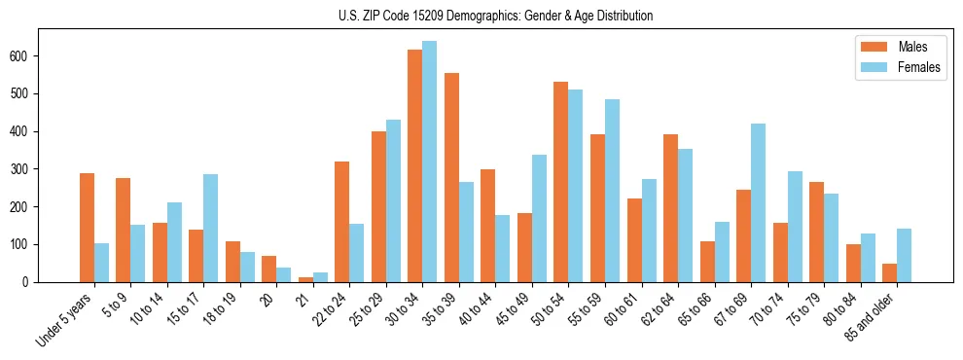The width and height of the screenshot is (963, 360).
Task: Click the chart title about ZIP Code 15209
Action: point(481,16)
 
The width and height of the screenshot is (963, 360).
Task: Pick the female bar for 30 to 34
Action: point(429,162)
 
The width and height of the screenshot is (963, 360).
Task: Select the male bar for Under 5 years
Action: point(87,228)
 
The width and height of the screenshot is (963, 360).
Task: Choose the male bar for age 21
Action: point(305,279)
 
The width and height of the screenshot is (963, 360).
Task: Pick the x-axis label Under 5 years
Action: point(65,317)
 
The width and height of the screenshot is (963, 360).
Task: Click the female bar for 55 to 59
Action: point(612,191)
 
